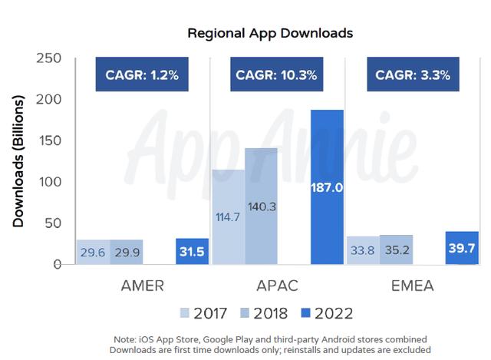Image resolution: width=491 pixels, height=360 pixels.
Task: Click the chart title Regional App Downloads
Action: (x=269, y=35)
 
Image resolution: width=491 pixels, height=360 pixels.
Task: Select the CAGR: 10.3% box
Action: (x=277, y=75)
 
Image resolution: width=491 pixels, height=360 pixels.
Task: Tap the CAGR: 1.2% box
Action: (x=143, y=75)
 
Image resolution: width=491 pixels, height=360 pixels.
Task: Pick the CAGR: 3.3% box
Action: (x=412, y=75)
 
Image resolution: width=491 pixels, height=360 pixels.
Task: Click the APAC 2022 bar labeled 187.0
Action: (x=327, y=187)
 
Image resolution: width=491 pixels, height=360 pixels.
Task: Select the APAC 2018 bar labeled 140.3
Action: (x=262, y=206)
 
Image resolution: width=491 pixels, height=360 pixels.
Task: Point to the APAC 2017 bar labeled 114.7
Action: (x=229, y=216)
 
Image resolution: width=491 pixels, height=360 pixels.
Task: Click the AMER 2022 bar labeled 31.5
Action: (x=192, y=252)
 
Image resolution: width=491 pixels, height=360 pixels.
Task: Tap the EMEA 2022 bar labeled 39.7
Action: (x=462, y=248)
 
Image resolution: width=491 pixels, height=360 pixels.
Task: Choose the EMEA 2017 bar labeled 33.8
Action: (x=363, y=250)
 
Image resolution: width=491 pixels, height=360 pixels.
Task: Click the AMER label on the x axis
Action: (x=142, y=286)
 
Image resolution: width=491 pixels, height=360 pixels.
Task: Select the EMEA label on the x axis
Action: (x=411, y=286)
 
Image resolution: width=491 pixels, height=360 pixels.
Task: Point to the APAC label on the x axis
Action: (x=278, y=286)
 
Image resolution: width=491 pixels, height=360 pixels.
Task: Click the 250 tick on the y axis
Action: (x=48, y=59)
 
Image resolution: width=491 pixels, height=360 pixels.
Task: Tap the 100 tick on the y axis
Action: (x=48, y=183)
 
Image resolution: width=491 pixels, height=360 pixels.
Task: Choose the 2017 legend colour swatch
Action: (x=184, y=312)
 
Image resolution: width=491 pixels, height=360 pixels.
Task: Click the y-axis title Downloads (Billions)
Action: (x=18, y=161)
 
